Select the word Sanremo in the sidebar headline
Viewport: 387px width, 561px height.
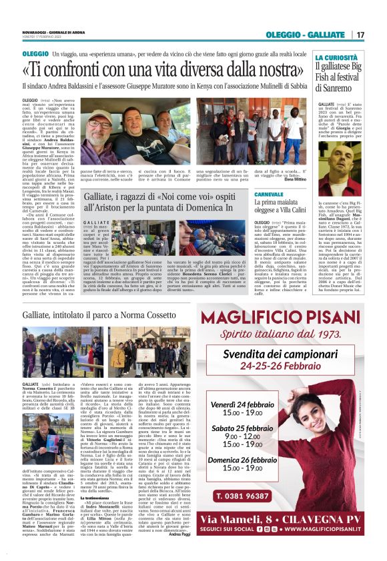[338, 87]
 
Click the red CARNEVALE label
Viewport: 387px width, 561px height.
[268, 194]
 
